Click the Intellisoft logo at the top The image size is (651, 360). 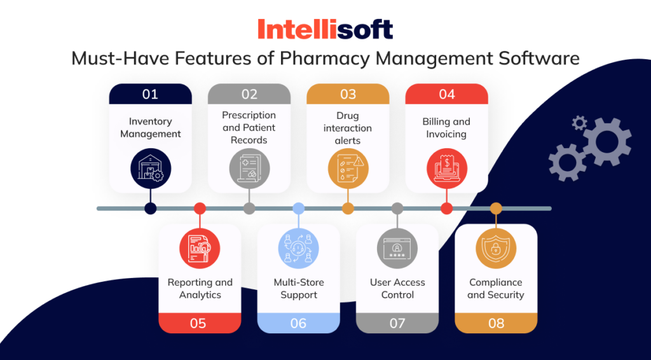point(325,29)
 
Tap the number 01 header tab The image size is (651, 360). point(150,94)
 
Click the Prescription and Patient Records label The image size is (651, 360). point(249,127)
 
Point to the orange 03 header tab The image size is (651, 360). point(348,94)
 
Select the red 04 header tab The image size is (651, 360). point(446,94)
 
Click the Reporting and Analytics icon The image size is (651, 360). point(200,248)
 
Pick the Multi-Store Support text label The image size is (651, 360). point(299,289)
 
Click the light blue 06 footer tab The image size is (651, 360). point(298,323)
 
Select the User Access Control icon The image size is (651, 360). point(397,248)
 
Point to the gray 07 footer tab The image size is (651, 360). point(397,323)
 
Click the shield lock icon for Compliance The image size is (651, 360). point(496,248)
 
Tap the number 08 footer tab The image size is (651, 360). point(496,323)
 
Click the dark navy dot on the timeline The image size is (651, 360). point(150,208)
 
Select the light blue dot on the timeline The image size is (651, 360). point(298,208)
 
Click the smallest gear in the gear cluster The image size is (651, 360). point(579,123)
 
